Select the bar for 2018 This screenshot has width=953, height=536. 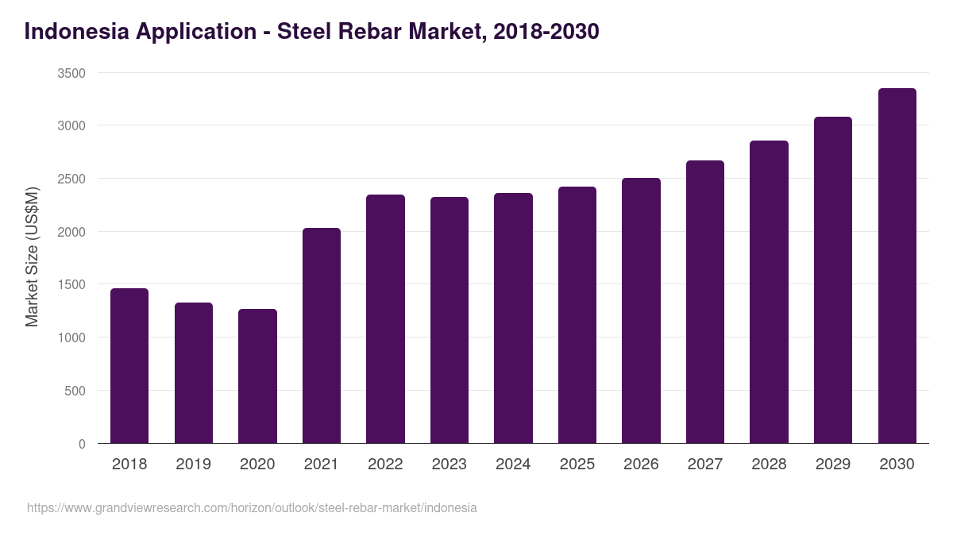(129, 365)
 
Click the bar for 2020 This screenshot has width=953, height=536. (257, 376)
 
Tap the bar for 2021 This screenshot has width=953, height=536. (322, 335)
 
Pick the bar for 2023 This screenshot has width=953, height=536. (449, 320)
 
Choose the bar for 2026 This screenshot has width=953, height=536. (641, 310)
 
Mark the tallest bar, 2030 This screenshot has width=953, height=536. (897, 265)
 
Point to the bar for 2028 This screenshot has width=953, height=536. (769, 291)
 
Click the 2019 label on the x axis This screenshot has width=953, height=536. (193, 464)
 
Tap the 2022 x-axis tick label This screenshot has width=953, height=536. (385, 464)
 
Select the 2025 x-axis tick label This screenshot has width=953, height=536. (577, 464)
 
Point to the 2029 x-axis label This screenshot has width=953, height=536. (833, 464)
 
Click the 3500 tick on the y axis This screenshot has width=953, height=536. (71, 73)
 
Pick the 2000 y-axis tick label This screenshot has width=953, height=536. (71, 232)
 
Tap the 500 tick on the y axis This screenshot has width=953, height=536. (75, 391)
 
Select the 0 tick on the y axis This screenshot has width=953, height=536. (82, 444)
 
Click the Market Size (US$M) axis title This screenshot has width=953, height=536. (32, 256)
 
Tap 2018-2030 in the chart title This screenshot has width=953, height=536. (546, 32)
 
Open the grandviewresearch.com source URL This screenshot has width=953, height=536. (252, 507)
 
